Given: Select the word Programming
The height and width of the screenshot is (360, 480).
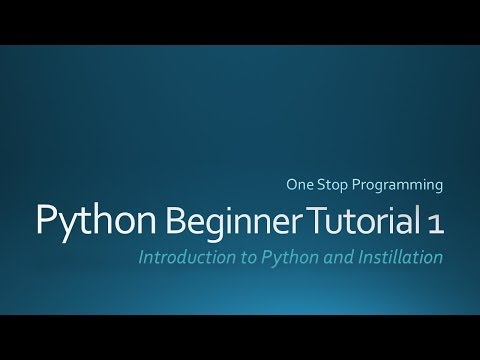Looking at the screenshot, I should pyautogui.click(x=400, y=185).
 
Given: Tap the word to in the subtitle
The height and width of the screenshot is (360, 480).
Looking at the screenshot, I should pyautogui.click(x=237, y=257).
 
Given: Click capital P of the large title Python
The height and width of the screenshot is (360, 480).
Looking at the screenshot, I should pyautogui.click(x=45, y=219).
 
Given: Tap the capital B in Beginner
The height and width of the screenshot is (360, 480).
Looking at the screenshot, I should pyautogui.click(x=147, y=219).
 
